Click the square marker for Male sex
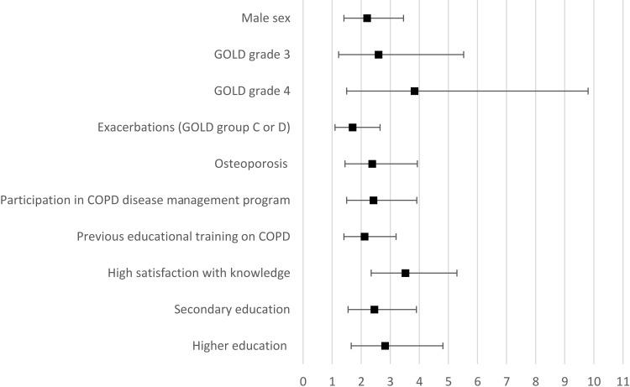click(x=367, y=18)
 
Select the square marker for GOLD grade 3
click(x=378, y=55)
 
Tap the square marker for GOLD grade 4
click(x=414, y=91)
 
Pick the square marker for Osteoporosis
click(x=372, y=164)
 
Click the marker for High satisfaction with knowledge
click(x=405, y=273)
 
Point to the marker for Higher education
click(x=385, y=346)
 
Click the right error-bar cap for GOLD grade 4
click(x=588, y=91)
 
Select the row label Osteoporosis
click(x=253, y=164)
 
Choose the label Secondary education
click(x=232, y=310)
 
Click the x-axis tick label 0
click(x=303, y=379)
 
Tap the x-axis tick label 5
click(x=449, y=379)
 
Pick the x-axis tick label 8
click(x=536, y=379)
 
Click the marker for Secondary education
click(x=374, y=310)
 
